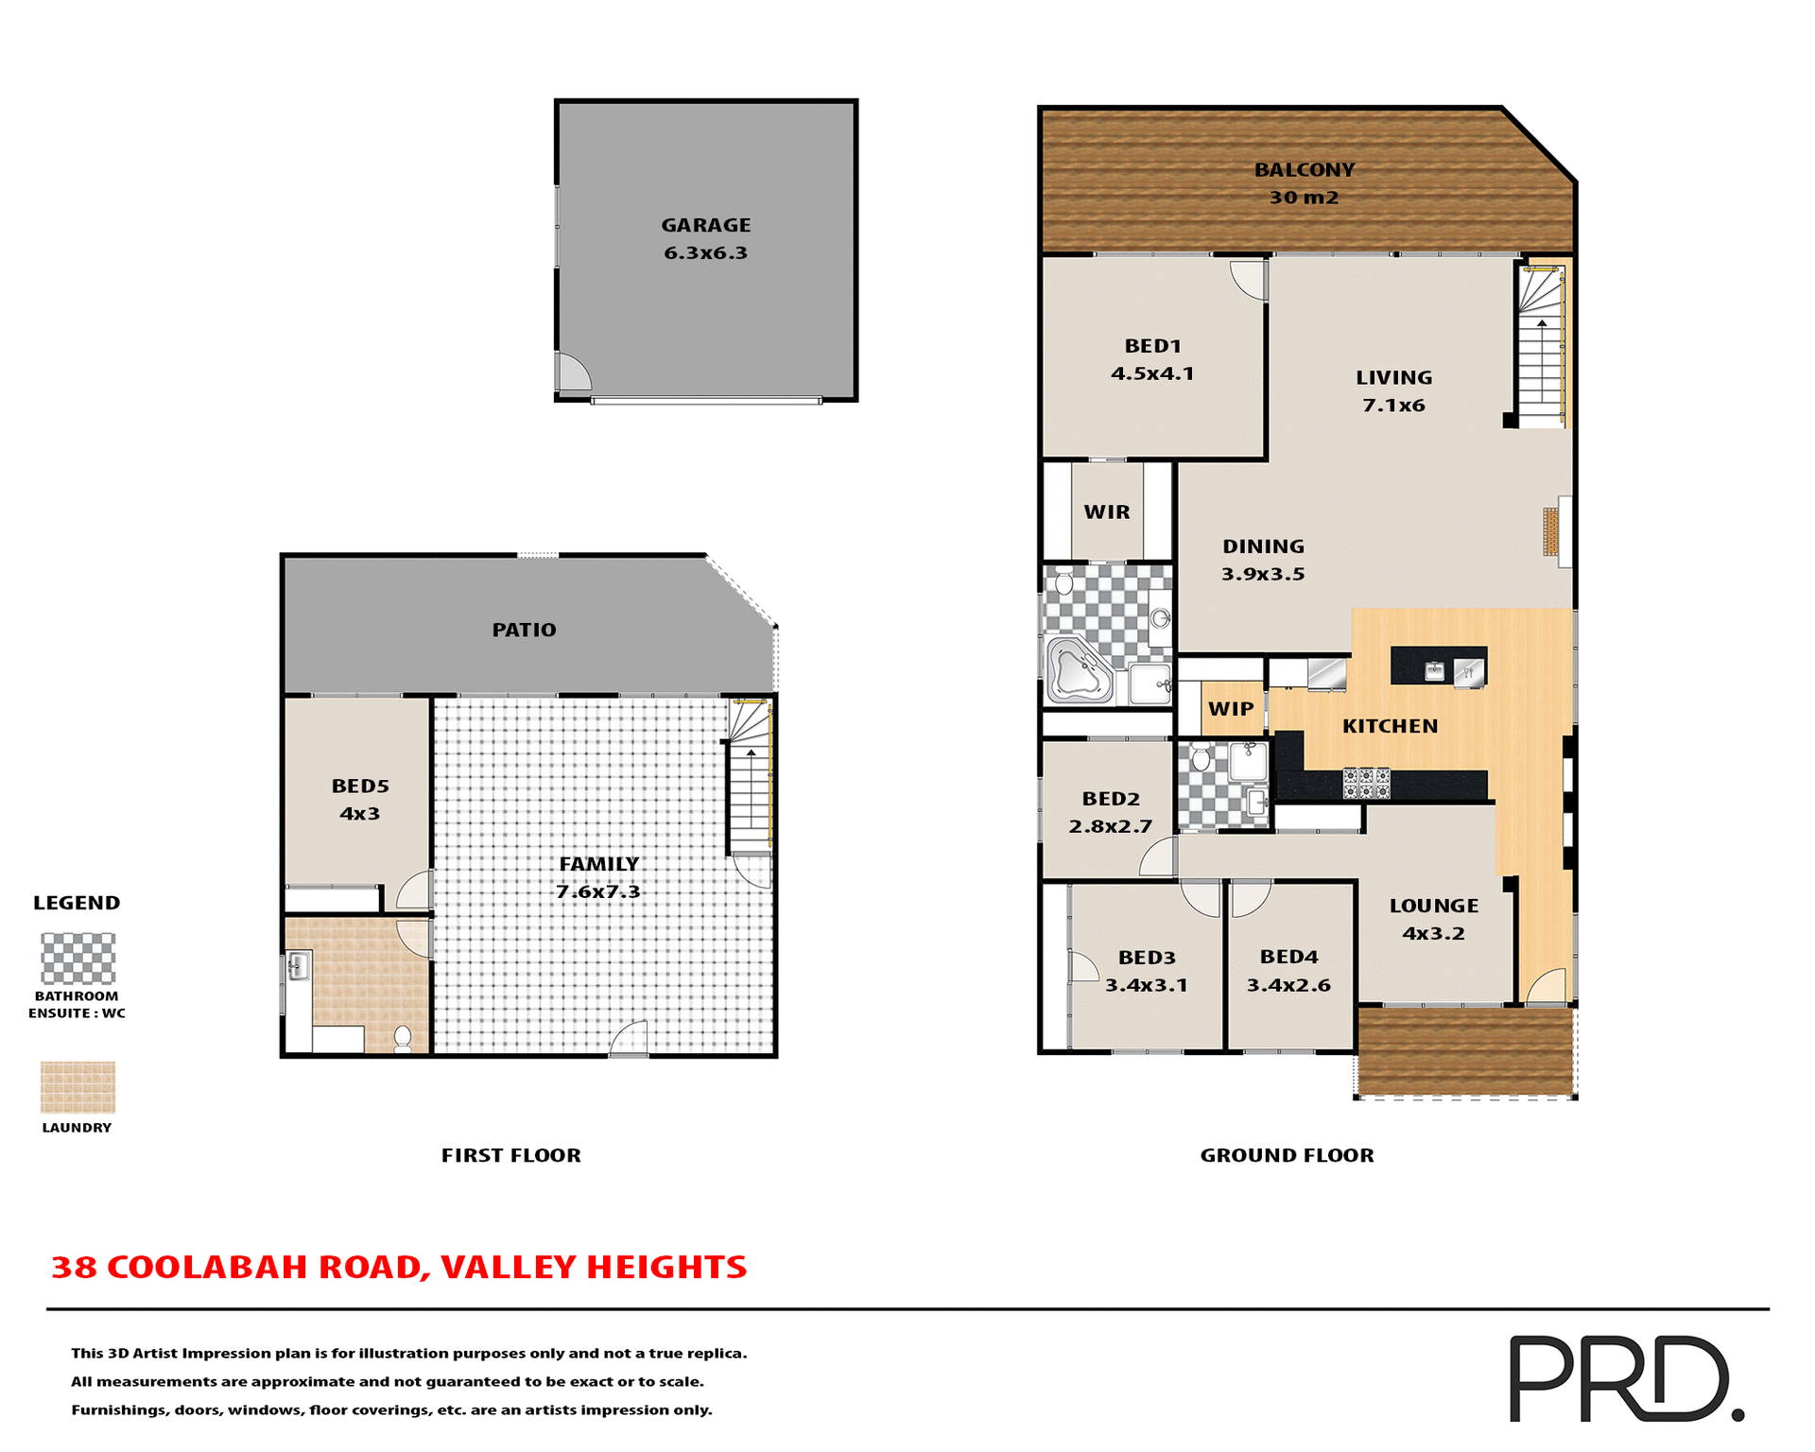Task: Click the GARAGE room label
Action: (705, 238)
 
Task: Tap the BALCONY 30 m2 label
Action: (1304, 183)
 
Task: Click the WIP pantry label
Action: (1231, 709)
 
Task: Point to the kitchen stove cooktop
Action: (1367, 783)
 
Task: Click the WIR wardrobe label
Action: (1107, 511)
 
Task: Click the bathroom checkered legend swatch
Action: (78, 959)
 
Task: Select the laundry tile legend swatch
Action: (78, 1086)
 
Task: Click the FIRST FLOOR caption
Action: (510, 1155)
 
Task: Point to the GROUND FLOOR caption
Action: (1287, 1155)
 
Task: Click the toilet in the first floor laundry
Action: (403, 1039)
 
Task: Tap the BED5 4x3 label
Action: (359, 800)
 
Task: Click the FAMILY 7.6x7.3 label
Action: (598, 877)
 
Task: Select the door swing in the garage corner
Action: (573, 373)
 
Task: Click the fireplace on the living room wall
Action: (1551, 531)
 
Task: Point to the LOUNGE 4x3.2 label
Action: (1433, 919)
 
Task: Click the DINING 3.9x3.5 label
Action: (1263, 560)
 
